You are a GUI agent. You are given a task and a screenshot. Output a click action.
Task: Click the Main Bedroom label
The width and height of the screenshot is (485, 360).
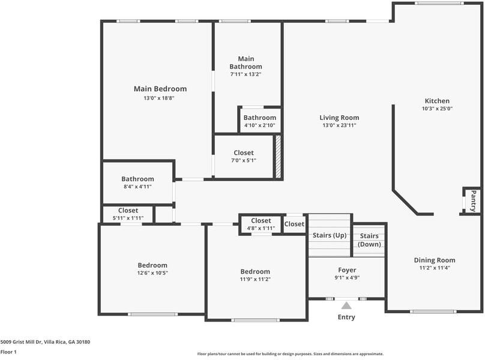[160, 89]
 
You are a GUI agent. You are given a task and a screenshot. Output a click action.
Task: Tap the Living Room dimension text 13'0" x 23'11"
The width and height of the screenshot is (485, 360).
[339, 126]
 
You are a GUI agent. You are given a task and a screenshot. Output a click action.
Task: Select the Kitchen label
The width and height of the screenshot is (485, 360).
[437, 101]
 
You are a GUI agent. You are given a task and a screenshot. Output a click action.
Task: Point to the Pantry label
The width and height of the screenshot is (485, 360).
[473, 200]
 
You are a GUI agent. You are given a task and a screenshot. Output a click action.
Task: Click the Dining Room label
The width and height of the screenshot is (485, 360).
[435, 260]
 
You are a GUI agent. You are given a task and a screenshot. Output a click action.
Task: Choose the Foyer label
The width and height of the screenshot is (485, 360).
[347, 270]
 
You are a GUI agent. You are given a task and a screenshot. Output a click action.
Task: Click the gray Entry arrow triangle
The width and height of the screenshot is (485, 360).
[346, 305]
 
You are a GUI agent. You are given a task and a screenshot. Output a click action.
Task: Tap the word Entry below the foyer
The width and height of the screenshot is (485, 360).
[346, 317]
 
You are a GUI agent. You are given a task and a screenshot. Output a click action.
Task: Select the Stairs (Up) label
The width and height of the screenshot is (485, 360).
[330, 235]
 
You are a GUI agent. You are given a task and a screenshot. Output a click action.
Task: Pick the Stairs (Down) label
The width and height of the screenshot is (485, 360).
[369, 240]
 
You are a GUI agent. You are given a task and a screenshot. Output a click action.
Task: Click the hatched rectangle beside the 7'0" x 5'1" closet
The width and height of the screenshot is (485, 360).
[278, 157]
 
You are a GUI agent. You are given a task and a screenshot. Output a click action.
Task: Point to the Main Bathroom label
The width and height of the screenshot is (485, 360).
[246, 62]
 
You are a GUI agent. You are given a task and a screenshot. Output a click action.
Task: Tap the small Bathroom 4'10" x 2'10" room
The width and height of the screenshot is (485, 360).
[260, 121]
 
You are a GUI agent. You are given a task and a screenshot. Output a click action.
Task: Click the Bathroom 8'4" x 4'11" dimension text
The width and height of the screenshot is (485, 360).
[137, 187]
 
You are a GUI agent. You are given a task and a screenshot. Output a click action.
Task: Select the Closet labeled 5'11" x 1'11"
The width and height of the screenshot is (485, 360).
[128, 214]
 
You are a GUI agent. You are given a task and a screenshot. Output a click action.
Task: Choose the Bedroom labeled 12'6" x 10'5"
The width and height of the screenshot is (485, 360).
[152, 269]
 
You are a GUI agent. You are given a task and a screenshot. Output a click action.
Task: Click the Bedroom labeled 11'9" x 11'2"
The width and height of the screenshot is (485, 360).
[255, 275]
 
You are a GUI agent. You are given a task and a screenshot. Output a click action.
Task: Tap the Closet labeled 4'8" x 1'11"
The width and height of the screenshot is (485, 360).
[261, 224]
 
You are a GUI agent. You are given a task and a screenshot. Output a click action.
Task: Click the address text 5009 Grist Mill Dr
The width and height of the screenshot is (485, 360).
[45, 341]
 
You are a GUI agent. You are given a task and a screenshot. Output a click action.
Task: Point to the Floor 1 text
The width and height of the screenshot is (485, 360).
[8, 352]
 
